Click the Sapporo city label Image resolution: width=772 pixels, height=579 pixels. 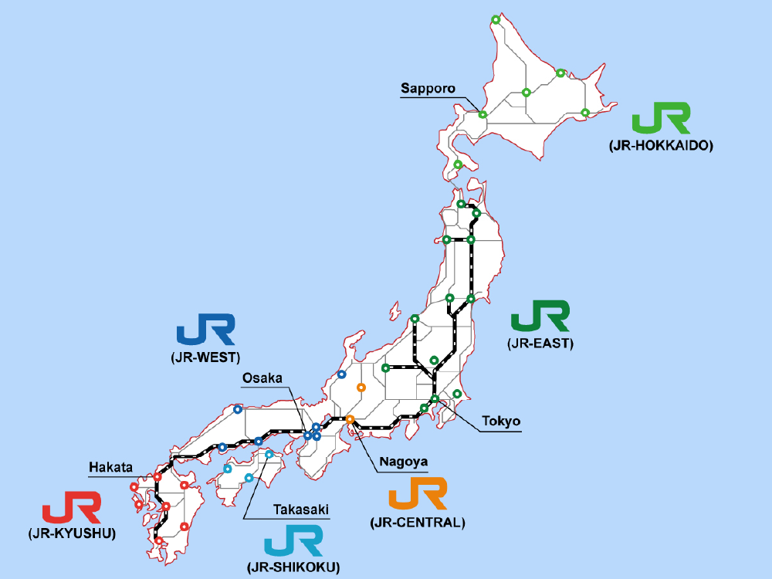427,88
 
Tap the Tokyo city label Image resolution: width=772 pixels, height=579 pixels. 501,422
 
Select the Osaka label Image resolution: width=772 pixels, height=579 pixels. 262,378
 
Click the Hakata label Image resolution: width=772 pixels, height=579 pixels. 111,467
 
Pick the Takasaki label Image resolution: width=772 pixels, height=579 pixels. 301,510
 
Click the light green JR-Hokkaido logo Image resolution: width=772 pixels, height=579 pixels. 660,120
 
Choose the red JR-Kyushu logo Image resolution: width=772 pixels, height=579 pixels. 71,510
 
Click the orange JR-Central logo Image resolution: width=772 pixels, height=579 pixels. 418,494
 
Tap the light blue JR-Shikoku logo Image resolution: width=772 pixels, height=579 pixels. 293,541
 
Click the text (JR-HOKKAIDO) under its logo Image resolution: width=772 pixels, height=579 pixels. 660,145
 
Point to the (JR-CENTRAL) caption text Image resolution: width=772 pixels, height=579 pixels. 418,523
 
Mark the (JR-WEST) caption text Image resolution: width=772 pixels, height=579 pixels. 205,357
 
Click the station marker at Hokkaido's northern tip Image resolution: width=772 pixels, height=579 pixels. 495,19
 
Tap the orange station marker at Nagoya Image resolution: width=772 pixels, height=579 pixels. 350,419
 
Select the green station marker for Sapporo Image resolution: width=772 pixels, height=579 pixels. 482,114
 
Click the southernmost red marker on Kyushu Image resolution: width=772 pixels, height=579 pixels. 158,541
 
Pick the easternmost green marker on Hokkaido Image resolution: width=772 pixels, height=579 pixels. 584,113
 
